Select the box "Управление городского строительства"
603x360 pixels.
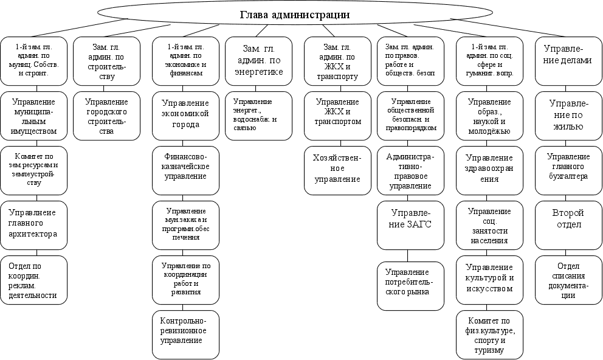point(106,116)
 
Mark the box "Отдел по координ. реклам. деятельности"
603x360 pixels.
point(33,280)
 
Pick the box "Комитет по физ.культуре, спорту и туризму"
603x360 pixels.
point(489,334)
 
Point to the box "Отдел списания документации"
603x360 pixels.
point(568,280)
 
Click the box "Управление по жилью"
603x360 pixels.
point(568,116)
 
